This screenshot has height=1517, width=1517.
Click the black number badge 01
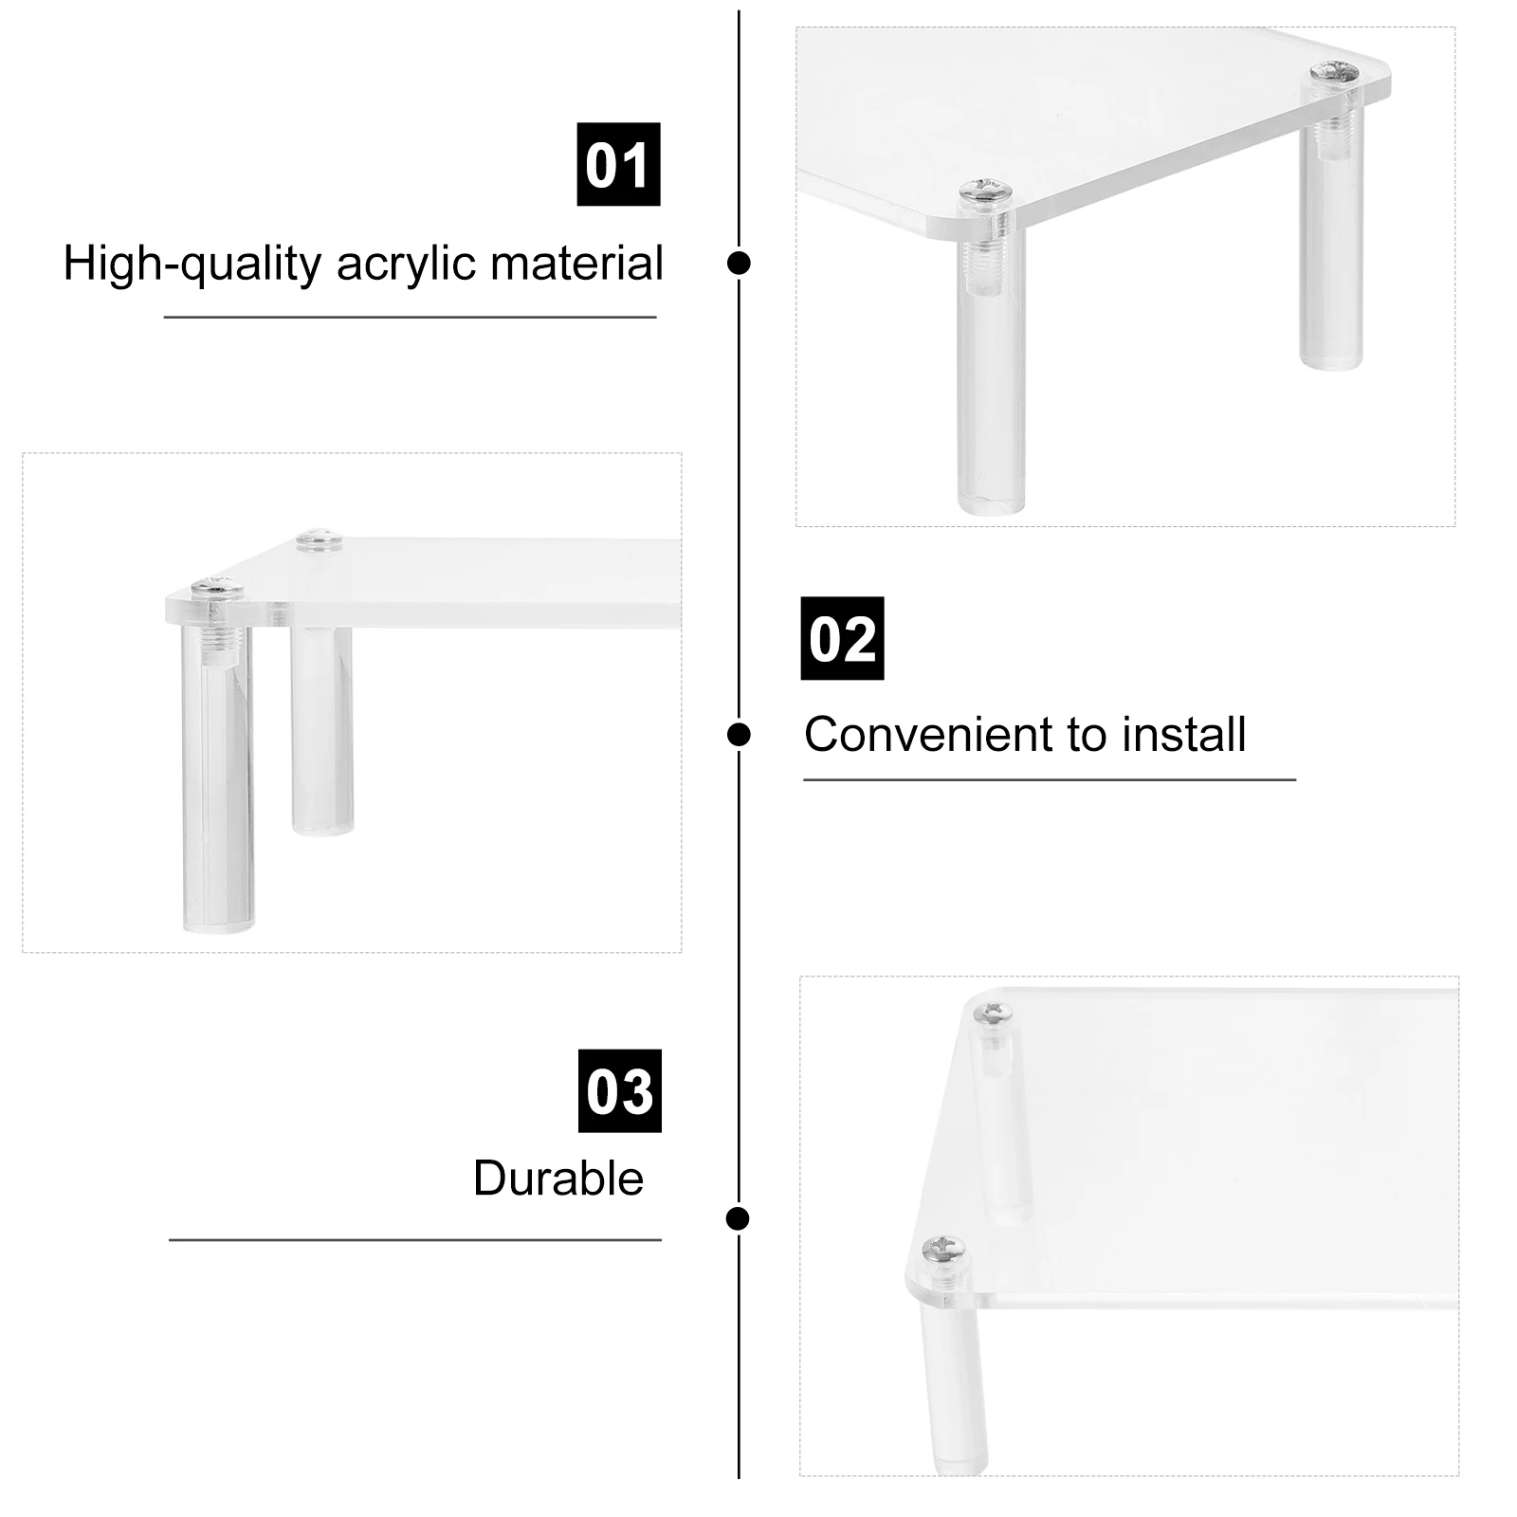pyautogui.click(x=618, y=164)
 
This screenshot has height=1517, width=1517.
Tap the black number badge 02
pyautogui.click(x=842, y=638)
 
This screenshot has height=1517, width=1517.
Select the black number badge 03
pyautogui.click(x=619, y=1090)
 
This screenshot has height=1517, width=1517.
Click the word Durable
pyautogui.click(x=557, y=1179)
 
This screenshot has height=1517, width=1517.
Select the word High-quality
pyautogui.click(x=192, y=264)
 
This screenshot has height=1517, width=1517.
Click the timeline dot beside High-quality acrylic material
pyautogui.click(x=739, y=263)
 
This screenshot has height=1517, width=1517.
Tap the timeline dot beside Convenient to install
pyautogui.click(x=739, y=734)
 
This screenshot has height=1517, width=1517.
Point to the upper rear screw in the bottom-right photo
pyautogui.click(x=996, y=1014)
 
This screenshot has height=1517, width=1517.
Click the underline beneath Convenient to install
pyautogui.click(x=1049, y=780)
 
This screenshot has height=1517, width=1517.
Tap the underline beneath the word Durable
pyautogui.click(x=414, y=1240)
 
